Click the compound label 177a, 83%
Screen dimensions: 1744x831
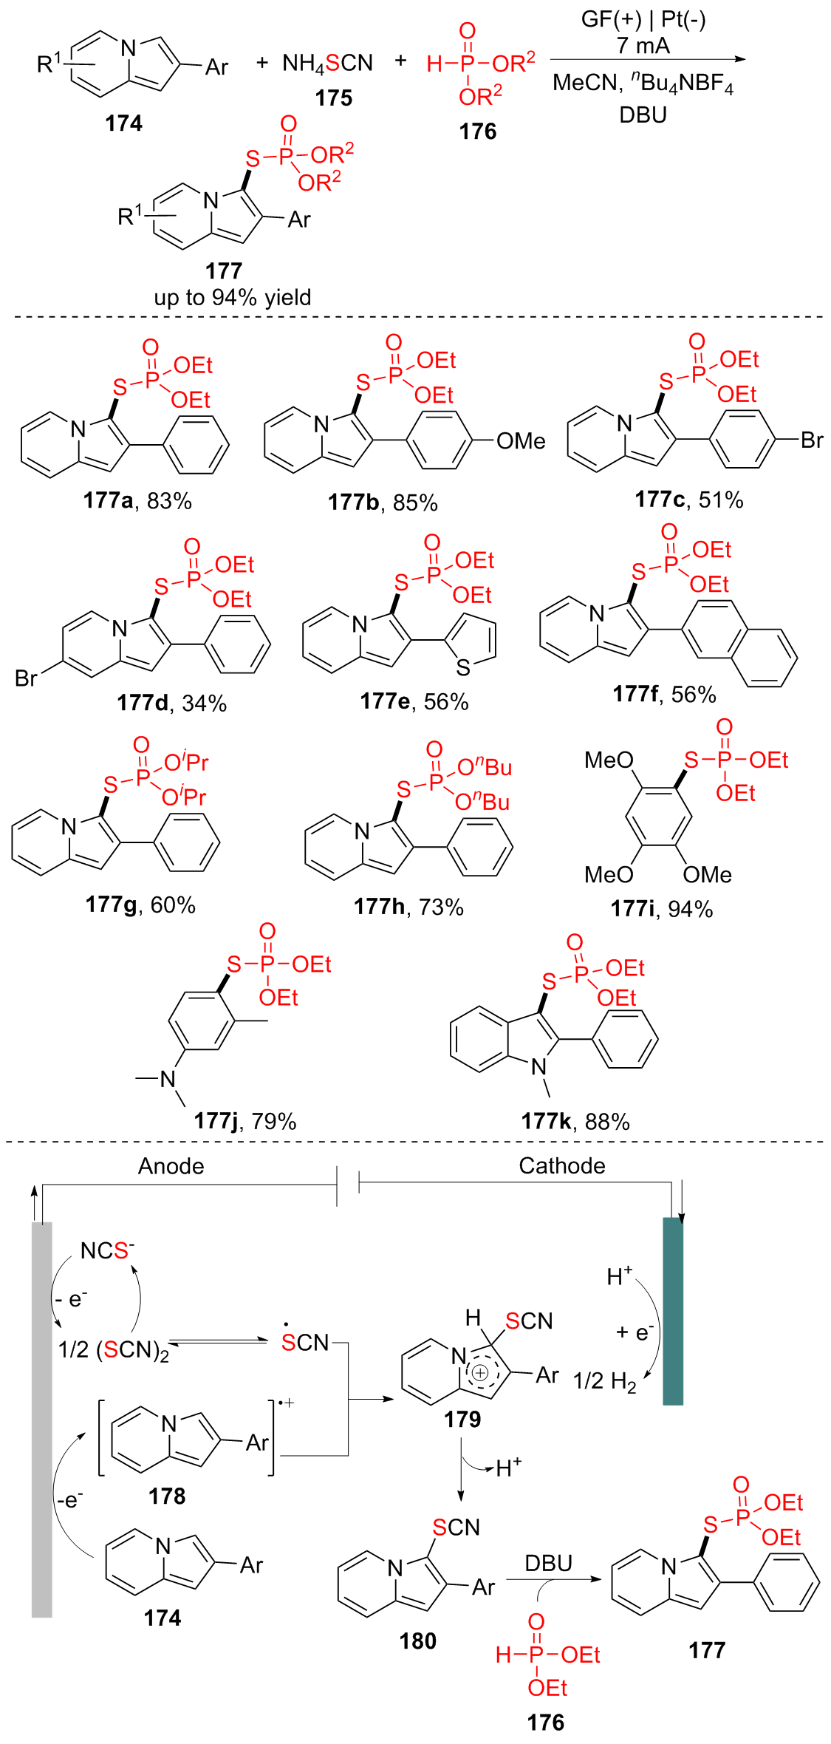click(137, 501)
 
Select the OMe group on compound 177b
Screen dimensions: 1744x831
click(521, 441)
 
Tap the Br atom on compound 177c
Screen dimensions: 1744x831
click(811, 440)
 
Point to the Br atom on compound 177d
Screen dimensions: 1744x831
click(27, 678)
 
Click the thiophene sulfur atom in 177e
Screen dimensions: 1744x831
click(463, 668)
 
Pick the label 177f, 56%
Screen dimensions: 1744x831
click(664, 694)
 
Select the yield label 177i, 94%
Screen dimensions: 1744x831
click(661, 909)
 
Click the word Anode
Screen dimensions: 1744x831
click(171, 1166)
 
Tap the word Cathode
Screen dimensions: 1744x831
click(562, 1165)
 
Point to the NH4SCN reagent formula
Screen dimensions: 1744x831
click(327, 64)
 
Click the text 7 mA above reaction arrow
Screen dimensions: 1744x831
click(643, 46)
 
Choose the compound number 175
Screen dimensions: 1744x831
click(334, 98)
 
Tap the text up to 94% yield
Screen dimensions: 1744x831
click(233, 297)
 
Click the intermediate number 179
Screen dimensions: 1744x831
click(462, 1419)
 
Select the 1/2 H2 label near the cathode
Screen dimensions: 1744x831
click(604, 1381)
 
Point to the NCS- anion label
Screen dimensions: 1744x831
click(108, 1250)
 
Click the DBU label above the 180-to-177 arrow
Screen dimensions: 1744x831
click(548, 1563)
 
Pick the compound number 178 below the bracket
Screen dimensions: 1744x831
click(167, 1496)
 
